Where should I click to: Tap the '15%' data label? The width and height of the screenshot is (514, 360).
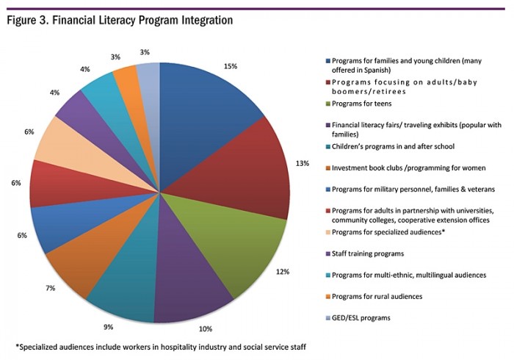(231, 65)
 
